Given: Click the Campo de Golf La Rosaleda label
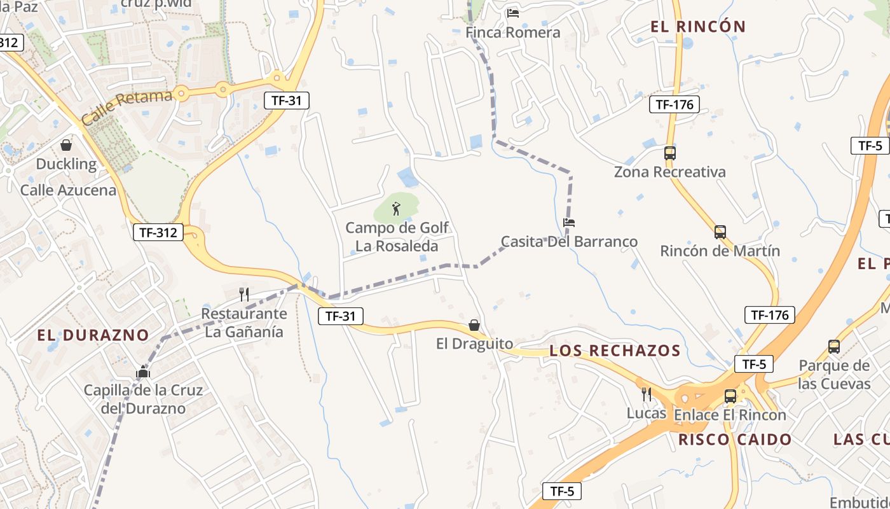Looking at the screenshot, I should [x=397, y=237].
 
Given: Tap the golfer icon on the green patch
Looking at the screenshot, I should [x=396, y=209].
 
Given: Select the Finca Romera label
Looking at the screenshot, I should [x=513, y=32].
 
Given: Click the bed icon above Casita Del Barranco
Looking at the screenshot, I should [x=569, y=223].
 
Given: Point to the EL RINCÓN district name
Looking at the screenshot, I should [x=697, y=27].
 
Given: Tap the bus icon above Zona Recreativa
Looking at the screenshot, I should [x=670, y=153].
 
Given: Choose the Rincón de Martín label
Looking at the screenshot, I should [x=720, y=251].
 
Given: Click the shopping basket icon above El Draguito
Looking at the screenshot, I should [x=474, y=325].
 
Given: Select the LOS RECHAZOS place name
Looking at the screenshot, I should [x=615, y=351].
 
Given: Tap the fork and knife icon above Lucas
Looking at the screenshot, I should [x=647, y=394].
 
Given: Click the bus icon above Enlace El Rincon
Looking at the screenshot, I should [x=730, y=396].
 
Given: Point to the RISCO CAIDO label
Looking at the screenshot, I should [x=735, y=440].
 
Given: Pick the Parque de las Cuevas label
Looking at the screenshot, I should [x=834, y=375].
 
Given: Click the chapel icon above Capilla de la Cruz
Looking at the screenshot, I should [x=143, y=372].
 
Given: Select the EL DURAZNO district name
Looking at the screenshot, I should [x=93, y=335].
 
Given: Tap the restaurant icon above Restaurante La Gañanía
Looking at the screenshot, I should [x=243, y=294].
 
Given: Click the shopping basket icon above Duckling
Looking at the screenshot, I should [x=66, y=146].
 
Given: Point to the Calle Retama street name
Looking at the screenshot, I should [x=127, y=106].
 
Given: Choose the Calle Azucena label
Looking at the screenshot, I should [x=69, y=190].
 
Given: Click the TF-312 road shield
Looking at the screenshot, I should [x=158, y=232].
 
